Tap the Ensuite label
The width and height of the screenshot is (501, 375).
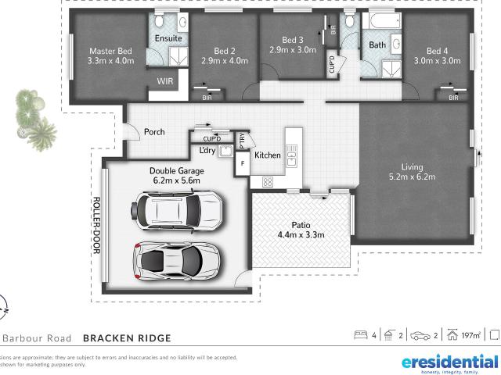[168, 38]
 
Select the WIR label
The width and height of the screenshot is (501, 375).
[165, 80]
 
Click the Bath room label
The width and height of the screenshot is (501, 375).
[377, 45]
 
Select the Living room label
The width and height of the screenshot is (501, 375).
[412, 166]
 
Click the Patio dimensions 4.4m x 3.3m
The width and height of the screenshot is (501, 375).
[301, 234]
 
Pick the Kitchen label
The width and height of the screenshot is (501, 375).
[268, 155]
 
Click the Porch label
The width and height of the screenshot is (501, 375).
[154, 132]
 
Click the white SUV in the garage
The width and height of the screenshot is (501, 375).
[176, 211]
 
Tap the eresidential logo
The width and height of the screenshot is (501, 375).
[449, 362]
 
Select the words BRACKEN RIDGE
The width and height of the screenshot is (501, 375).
[126, 337]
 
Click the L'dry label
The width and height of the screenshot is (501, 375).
[207, 150]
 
